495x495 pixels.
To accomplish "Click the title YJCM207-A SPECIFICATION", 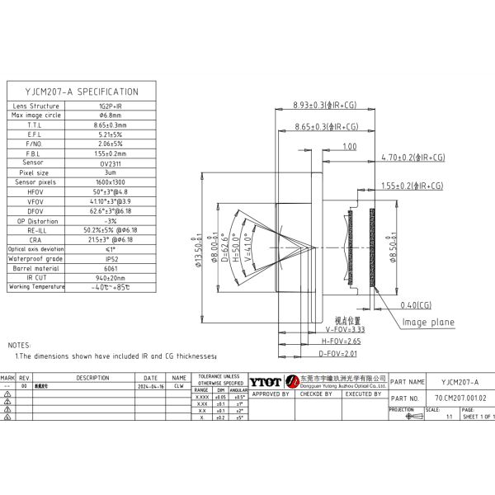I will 82,92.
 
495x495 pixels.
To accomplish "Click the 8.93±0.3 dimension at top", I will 327,106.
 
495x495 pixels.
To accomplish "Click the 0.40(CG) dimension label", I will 416,304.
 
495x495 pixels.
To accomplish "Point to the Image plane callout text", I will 428,323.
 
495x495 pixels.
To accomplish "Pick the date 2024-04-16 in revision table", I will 150,385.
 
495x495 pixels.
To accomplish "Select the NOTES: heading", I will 19,345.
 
